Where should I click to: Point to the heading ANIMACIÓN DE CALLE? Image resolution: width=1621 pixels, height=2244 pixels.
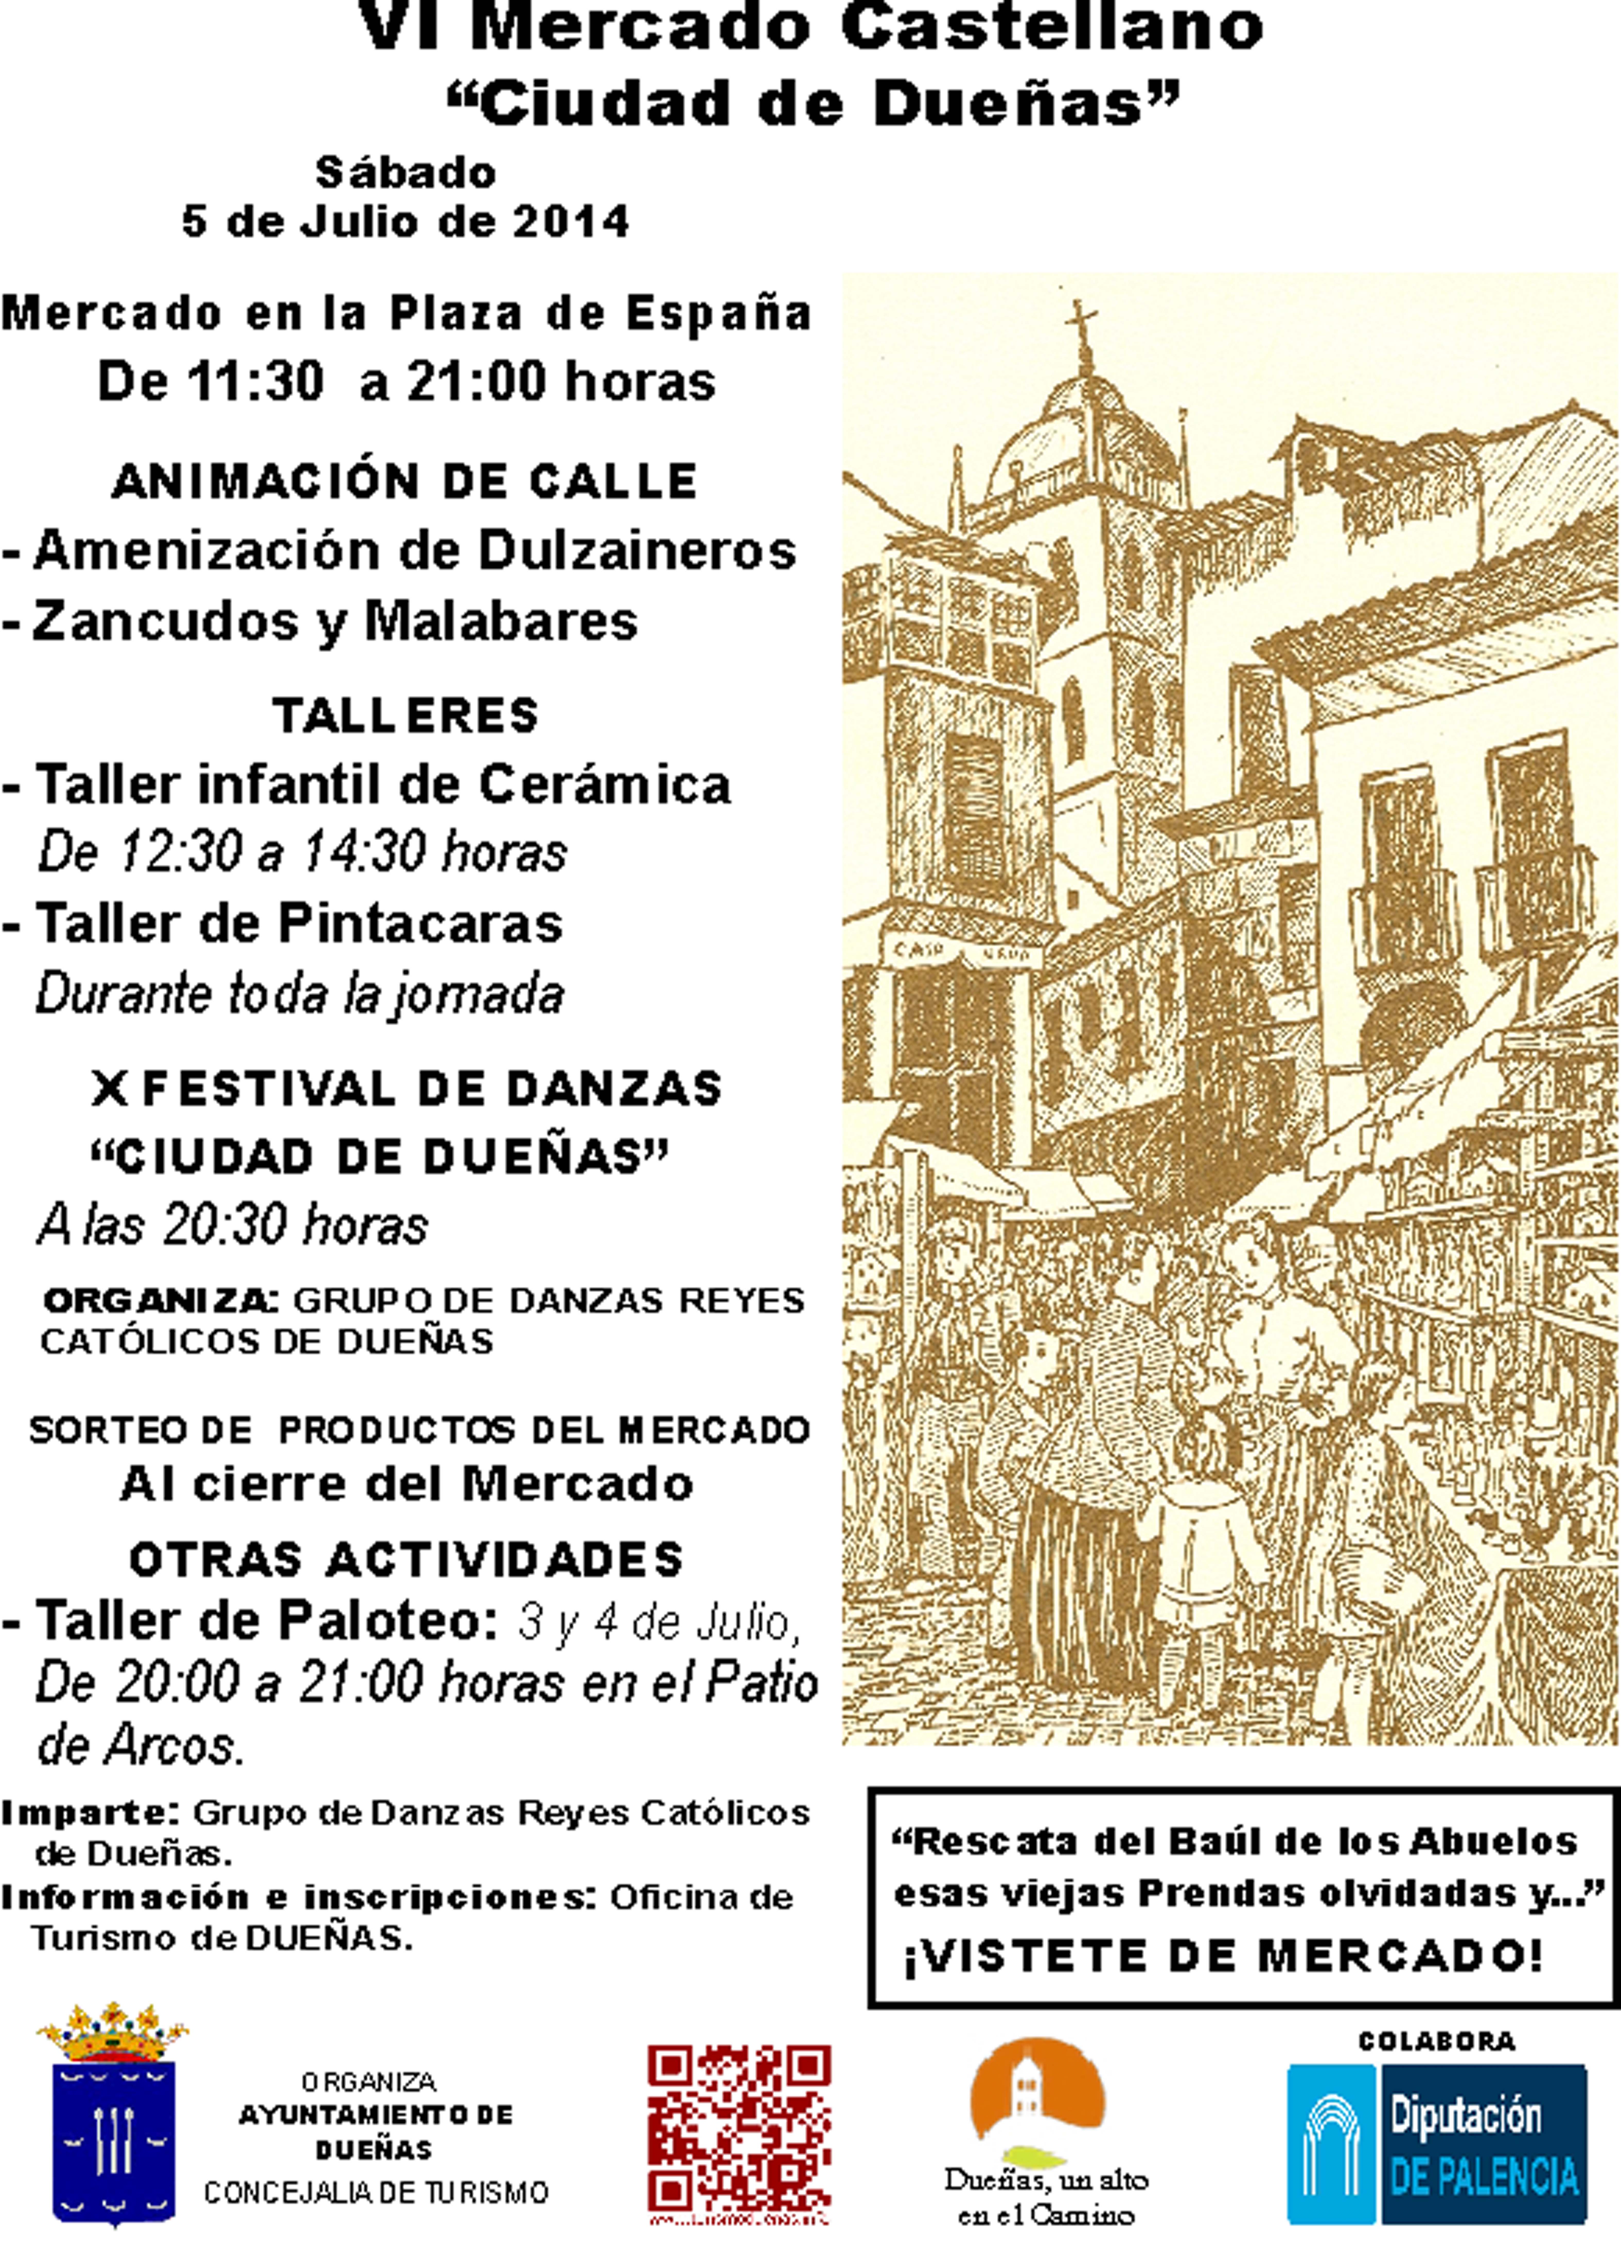(x=405, y=482)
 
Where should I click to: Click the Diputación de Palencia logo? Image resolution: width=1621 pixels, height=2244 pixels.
(x=1436, y=2145)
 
